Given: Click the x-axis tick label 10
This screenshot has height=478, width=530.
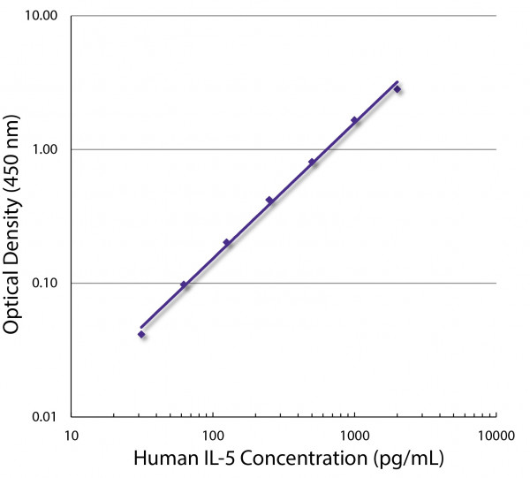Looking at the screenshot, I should [x=72, y=435].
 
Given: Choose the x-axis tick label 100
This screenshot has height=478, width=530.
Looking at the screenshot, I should [x=212, y=435].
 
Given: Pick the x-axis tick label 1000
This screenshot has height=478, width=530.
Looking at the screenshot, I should [x=353, y=435].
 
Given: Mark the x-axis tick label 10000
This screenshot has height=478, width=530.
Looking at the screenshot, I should [x=496, y=435].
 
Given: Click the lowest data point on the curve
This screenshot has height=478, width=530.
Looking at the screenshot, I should [x=141, y=334].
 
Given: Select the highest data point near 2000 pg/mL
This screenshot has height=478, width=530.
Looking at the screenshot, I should [x=397, y=89].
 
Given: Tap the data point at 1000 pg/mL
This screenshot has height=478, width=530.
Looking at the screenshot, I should [x=355, y=120].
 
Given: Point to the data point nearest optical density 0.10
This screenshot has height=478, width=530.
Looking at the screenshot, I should [x=184, y=285].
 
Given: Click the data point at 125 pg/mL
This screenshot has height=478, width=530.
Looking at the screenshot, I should [x=226, y=242].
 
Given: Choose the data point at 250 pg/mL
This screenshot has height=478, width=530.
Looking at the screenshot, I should [x=269, y=200].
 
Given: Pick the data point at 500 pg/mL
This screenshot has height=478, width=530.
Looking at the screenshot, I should [x=312, y=162].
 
